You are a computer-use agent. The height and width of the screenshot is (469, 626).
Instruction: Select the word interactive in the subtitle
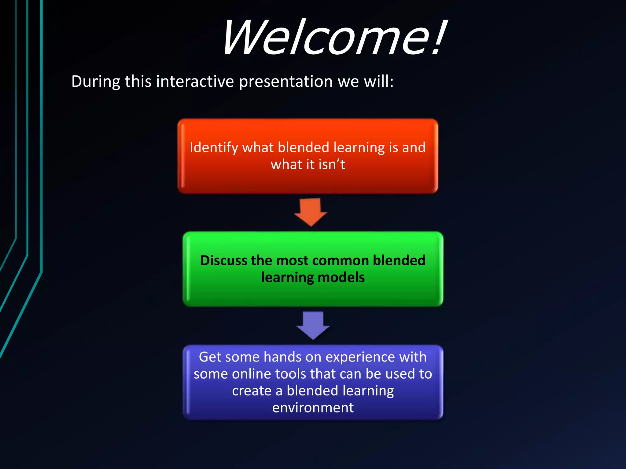tap(195, 82)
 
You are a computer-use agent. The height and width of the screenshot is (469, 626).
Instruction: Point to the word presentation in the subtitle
tap(285, 82)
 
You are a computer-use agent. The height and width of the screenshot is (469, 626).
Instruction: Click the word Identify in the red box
tap(214, 148)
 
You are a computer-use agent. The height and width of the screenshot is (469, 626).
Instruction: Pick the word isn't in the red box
tap(332, 165)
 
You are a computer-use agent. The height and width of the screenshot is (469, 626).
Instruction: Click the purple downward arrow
tap(313, 325)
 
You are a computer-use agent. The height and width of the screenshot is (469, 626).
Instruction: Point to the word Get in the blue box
tap(210, 357)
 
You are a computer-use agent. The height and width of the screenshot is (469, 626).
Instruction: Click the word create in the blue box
tap(252, 391)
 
